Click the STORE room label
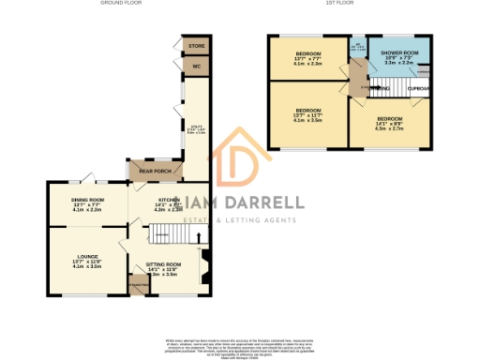point(196,45)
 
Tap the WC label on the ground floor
point(197,67)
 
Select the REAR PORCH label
point(155,172)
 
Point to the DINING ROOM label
point(87,201)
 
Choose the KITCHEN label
point(170,201)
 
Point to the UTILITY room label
point(196,129)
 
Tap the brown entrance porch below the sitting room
point(138,286)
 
